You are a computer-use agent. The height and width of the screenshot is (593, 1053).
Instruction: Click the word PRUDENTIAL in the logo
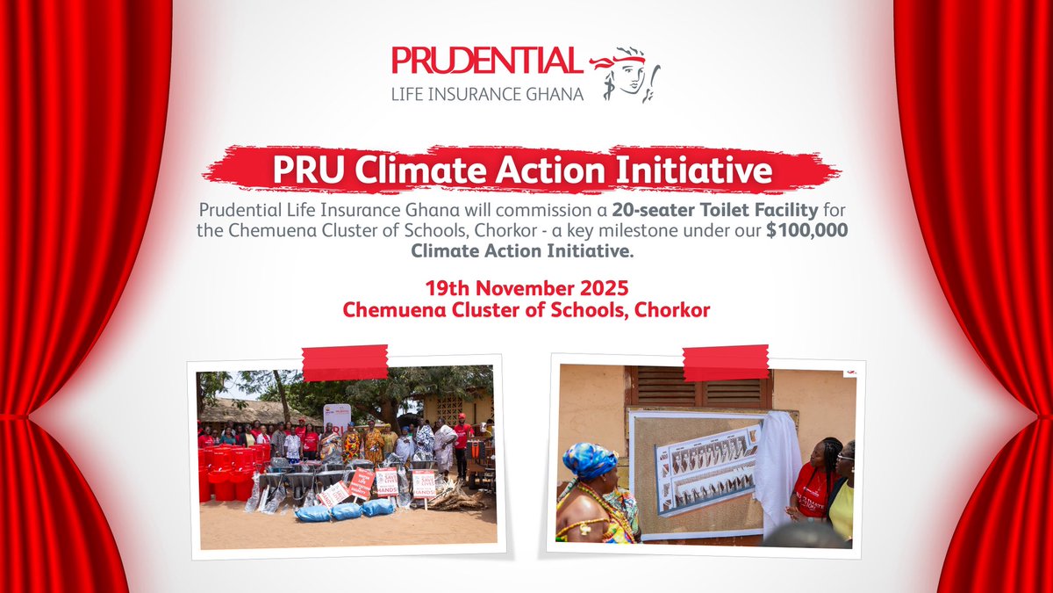pyautogui.click(x=486, y=62)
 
